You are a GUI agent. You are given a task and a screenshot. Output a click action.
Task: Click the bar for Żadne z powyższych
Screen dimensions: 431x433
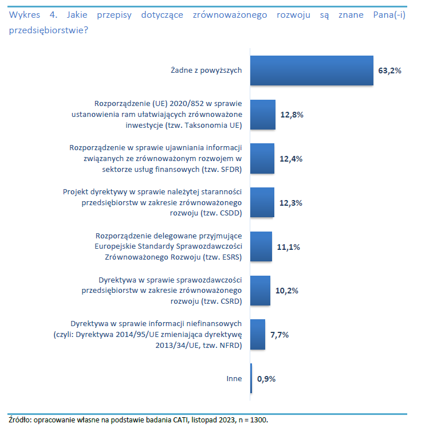click(x=312, y=70)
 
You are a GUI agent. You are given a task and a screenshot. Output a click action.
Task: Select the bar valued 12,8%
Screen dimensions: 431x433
click(x=263, y=115)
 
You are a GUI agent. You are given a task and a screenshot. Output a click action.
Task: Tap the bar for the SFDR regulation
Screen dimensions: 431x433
click(x=262, y=159)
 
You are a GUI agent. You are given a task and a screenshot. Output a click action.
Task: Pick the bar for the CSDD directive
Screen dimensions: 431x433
click(x=262, y=203)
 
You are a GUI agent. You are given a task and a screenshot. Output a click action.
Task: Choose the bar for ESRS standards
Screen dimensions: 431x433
click(x=261, y=247)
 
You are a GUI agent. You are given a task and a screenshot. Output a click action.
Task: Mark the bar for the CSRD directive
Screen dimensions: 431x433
click(x=260, y=291)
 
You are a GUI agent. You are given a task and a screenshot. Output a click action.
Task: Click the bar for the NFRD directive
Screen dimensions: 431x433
click(x=258, y=335)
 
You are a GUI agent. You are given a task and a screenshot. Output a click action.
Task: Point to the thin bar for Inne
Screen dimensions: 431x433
click(x=251, y=379)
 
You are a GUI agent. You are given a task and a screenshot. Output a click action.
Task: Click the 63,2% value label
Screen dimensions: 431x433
click(x=389, y=70)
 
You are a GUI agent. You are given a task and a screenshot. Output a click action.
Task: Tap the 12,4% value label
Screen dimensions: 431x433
click(x=291, y=159)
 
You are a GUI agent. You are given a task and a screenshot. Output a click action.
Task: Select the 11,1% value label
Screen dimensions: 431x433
click(x=288, y=247)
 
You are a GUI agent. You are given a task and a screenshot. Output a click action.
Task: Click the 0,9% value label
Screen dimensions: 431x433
click(x=267, y=379)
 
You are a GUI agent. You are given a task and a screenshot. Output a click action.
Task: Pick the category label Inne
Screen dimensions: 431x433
click(x=234, y=379)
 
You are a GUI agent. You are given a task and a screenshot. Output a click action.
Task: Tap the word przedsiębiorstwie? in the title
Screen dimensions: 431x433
click(x=49, y=28)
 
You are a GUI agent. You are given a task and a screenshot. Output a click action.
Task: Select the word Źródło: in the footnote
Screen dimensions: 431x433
click(x=21, y=420)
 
